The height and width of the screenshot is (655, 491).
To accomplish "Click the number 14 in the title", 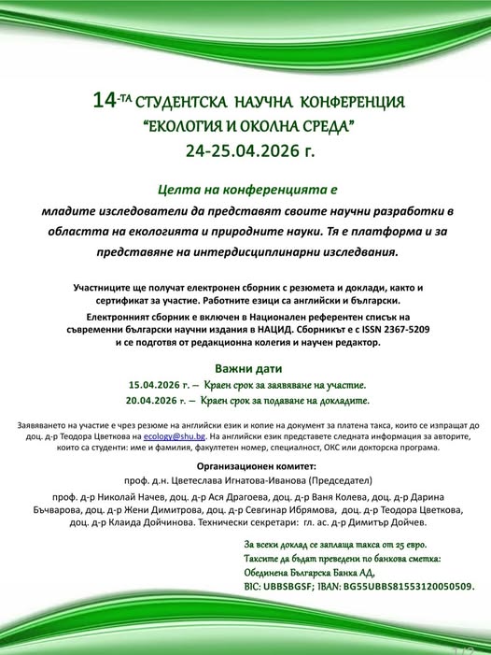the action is click(104, 100).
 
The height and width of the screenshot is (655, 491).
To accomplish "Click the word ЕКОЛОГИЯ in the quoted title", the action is click(188, 124).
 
